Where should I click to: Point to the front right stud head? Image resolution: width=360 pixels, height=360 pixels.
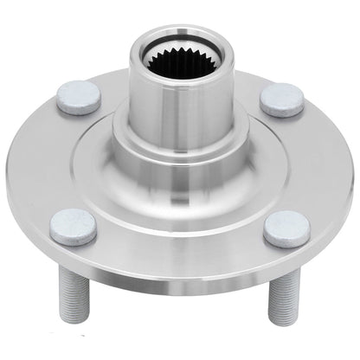coord(286,228)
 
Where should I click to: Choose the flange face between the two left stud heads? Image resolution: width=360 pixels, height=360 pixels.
coord(52,164)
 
